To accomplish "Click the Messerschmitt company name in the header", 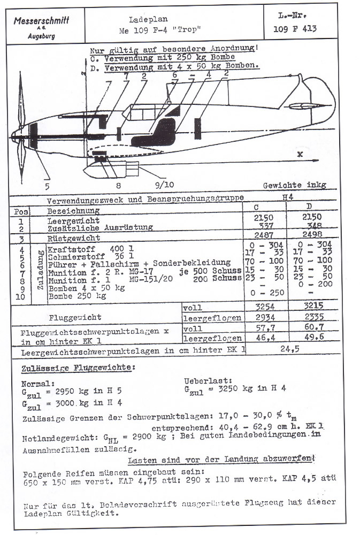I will coord(41,21).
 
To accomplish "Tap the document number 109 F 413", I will coord(294,29).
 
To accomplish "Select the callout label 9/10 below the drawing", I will coord(164,186).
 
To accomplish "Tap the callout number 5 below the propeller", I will coord(48,186).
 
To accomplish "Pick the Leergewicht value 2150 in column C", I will coord(265,218).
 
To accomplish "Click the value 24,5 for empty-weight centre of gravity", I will coord(289,351).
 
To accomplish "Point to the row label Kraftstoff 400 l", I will coord(86,249).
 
